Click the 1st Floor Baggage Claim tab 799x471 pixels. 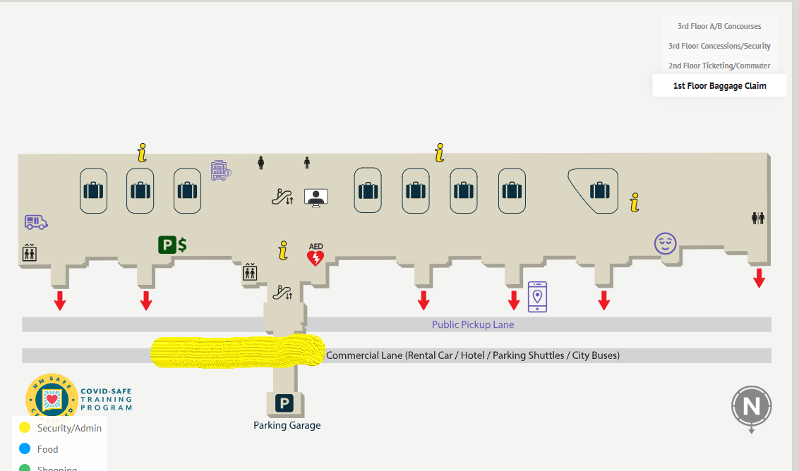[x=719, y=86]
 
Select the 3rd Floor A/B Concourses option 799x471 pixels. [x=719, y=26]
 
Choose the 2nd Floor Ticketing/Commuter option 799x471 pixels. [x=719, y=66]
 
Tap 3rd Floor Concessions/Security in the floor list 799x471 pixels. [x=719, y=46]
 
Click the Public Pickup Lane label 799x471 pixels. [x=473, y=325]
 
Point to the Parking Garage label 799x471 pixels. [x=287, y=425]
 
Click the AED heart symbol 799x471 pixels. [x=316, y=257]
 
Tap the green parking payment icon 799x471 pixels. [x=172, y=245]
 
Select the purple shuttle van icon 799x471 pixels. [x=35, y=222]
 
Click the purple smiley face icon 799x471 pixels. [x=665, y=244]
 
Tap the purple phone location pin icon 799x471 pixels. [x=537, y=296]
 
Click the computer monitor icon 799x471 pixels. [x=316, y=197]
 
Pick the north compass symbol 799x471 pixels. [x=751, y=407]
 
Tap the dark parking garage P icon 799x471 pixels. [x=284, y=404]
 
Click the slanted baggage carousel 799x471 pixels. [x=598, y=190]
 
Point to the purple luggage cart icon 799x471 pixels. [x=221, y=171]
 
